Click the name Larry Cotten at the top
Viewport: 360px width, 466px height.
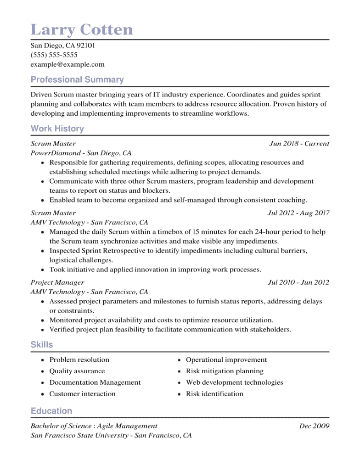coord(82,30)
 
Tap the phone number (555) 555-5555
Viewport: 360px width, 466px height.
coord(54,55)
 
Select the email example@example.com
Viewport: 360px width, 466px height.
coord(67,64)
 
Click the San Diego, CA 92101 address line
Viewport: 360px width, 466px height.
coord(62,45)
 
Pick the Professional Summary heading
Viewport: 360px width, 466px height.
coord(77,80)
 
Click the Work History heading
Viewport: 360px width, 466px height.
coord(57,129)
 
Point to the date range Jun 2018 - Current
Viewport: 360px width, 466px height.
coord(299,144)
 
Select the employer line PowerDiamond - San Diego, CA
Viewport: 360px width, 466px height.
coord(81,153)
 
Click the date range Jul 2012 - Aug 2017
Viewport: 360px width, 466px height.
coord(298,213)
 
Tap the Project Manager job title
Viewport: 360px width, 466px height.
coord(57,282)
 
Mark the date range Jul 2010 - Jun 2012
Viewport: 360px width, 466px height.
coord(298,282)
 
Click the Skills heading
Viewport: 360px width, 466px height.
coord(42,345)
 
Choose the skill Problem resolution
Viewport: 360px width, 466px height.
coord(79,360)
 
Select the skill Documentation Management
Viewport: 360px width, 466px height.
coord(95,382)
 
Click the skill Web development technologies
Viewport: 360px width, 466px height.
coord(234,382)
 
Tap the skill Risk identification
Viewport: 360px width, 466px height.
coord(214,394)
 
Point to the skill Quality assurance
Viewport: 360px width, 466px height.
coord(77,371)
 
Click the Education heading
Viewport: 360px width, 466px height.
coord(51,411)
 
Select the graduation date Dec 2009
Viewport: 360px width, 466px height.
coord(314,426)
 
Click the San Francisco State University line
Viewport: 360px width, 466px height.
coord(111,435)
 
